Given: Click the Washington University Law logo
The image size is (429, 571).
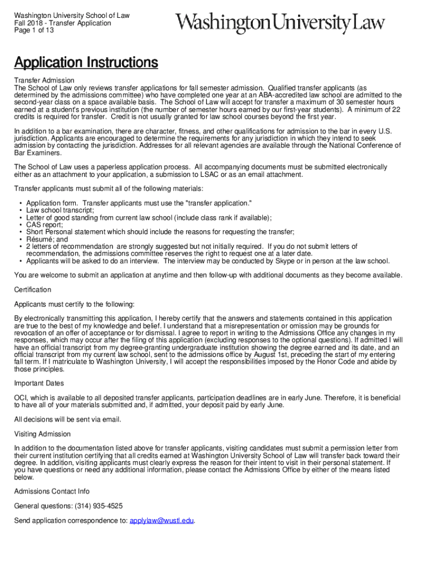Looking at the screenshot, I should tap(280, 23).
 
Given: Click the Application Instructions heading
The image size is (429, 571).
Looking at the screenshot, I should tap(86, 62).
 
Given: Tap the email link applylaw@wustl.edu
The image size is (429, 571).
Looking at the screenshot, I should tap(162, 520).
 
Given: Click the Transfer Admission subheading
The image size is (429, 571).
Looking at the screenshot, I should tap(44, 81).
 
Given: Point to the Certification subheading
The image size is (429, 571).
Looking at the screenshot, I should tap(32, 289).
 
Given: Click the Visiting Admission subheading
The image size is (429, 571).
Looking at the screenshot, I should tap(42, 434).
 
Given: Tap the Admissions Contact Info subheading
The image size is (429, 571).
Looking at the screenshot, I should tap(52, 491).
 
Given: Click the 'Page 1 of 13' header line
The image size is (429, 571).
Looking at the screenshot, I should tap(35, 31).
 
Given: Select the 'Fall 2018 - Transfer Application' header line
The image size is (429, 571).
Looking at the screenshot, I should tap(62, 23).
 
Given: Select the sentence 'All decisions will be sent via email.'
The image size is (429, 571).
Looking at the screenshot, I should tap(67, 419).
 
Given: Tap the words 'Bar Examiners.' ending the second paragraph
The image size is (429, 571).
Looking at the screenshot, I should tap(36, 152).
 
